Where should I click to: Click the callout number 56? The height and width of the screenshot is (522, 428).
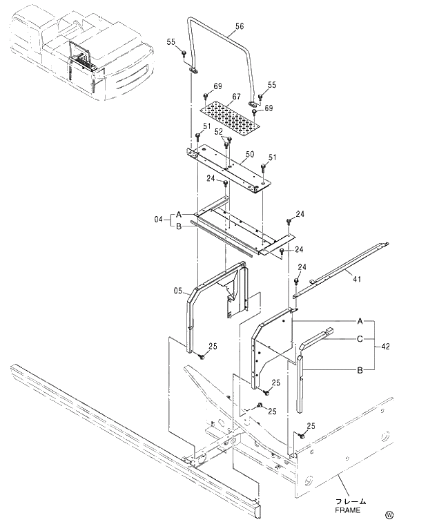(239, 26)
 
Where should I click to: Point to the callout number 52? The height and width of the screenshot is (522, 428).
(218, 131)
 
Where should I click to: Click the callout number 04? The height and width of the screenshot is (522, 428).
(157, 220)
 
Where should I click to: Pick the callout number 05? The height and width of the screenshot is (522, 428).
(177, 291)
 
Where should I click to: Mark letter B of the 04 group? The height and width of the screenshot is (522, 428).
(178, 225)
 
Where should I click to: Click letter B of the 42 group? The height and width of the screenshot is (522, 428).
(360, 371)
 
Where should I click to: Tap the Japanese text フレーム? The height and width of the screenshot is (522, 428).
(351, 501)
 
